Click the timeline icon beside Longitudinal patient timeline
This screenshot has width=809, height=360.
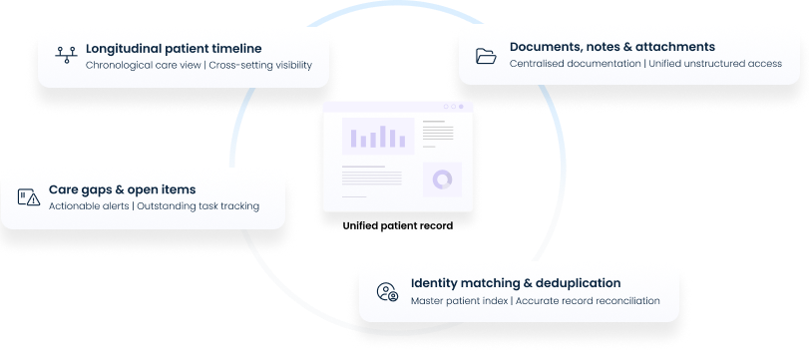pyautogui.click(x=66, y=56)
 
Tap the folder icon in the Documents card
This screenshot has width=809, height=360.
pyautogui.click(x=486, y=56)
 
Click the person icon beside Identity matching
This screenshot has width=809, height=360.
pyautogui.click(x=387, y=291)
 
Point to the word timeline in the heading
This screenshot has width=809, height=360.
pyautogui.click(x=236, y=48)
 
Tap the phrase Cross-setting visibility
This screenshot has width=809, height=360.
pyautogui.click(x=260, y=66)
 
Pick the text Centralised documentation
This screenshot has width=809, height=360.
pyautogui.click(x=575, y=65)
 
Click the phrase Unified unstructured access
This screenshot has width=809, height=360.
pyautogui.click(x=715, y=65)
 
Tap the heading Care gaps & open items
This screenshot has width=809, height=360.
pyautogui.click(x=122, y=188)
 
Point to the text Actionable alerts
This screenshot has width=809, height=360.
pyautogui.click(x=89, y=206)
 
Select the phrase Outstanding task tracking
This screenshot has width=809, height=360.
pyautogui.click(x=198, y=206)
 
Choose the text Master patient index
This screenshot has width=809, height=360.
pyautogui.click(x=460, y=300)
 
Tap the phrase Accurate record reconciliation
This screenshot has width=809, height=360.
pyautogui.click(x=588, y=300)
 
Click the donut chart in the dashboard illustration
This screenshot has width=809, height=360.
pyautogui.click(x=441, y=180)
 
